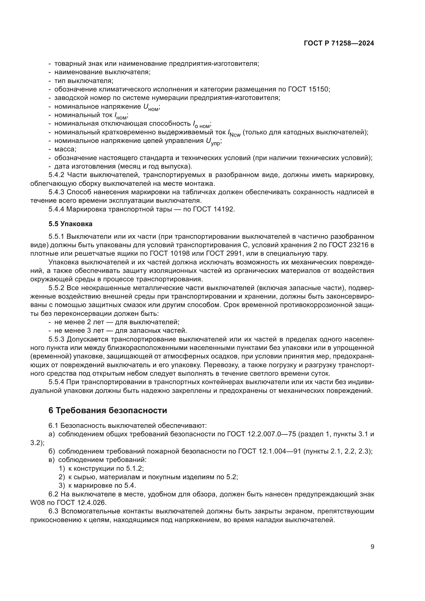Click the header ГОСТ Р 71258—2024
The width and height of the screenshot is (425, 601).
[339, 43]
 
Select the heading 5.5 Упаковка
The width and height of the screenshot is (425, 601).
[70, 224]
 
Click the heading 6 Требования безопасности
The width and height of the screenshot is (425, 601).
[108, 410]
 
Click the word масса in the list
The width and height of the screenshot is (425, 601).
[65, 149]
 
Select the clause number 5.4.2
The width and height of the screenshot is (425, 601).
[56, 175]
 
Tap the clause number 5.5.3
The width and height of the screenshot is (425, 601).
[56, 339]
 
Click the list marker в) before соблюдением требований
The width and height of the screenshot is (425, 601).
[52, 460]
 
